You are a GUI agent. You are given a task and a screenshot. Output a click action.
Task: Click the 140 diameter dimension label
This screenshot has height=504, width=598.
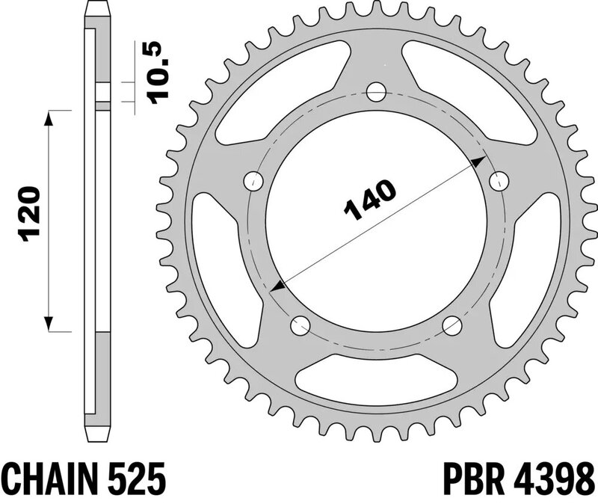click(x=369, y=200)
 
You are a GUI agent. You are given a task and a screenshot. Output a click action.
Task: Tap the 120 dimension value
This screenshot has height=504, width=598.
click(x=28, y=214)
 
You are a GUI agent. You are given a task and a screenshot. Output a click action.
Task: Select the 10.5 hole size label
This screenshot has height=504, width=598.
click(x=158, y=73)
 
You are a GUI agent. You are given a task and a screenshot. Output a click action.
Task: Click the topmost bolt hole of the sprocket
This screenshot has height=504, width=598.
click(x=376, y=91)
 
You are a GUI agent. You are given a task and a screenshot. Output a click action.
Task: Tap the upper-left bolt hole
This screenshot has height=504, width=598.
click(x=254, y=181)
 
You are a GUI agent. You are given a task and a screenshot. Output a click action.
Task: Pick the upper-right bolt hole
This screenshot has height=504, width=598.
click(x=499, y=182)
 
